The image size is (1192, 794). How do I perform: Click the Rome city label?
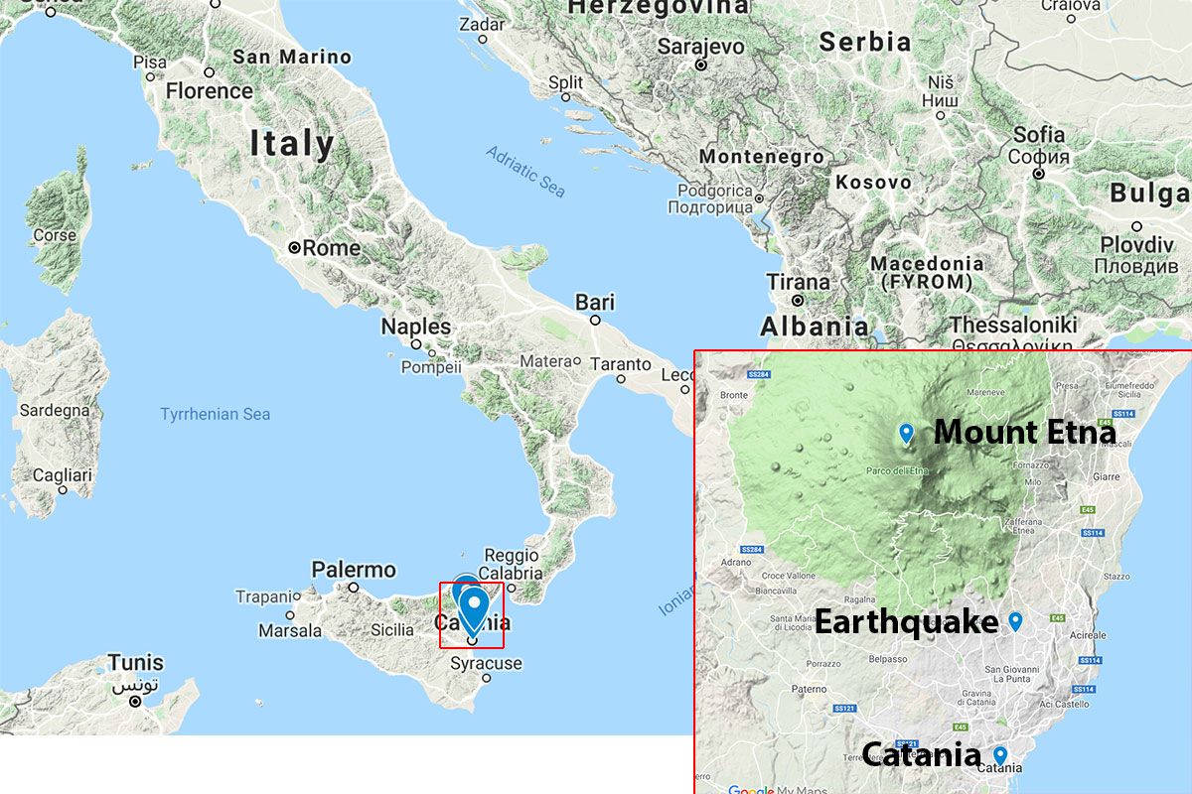[x=332, y=248]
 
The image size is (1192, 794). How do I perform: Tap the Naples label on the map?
[x=416, y=327]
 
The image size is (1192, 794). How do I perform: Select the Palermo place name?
[x=354, y=570]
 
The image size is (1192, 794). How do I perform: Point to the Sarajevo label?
[x=701, y=47]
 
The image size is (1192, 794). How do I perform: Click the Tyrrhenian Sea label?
[x=216, y=414]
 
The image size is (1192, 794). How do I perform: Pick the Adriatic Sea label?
[x=525, y=171]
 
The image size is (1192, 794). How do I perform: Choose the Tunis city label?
[x=136, y=662]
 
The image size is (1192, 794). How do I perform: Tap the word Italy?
[x=292, y=144]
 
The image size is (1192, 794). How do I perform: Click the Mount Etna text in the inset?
[x=1024, y=433]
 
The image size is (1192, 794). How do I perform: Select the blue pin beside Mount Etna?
[x=906, y=433]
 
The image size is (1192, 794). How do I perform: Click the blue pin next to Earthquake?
[x=1015, y=621]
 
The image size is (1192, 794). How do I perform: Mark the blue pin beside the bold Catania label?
[x=1000, y=755]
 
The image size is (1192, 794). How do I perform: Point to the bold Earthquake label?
[x=906, y=622]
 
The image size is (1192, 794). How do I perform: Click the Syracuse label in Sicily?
[x=486, y=663]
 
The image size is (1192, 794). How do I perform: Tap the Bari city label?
[x=595, y=303]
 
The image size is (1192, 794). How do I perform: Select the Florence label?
[x=210, y=91]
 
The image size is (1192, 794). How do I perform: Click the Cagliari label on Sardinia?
[x=63, y=475]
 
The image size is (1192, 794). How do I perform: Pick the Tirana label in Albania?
[x=798, y=282]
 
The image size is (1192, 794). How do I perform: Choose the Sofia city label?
[x=1039, y=135]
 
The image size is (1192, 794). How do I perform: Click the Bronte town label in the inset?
[x=734, y=394]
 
